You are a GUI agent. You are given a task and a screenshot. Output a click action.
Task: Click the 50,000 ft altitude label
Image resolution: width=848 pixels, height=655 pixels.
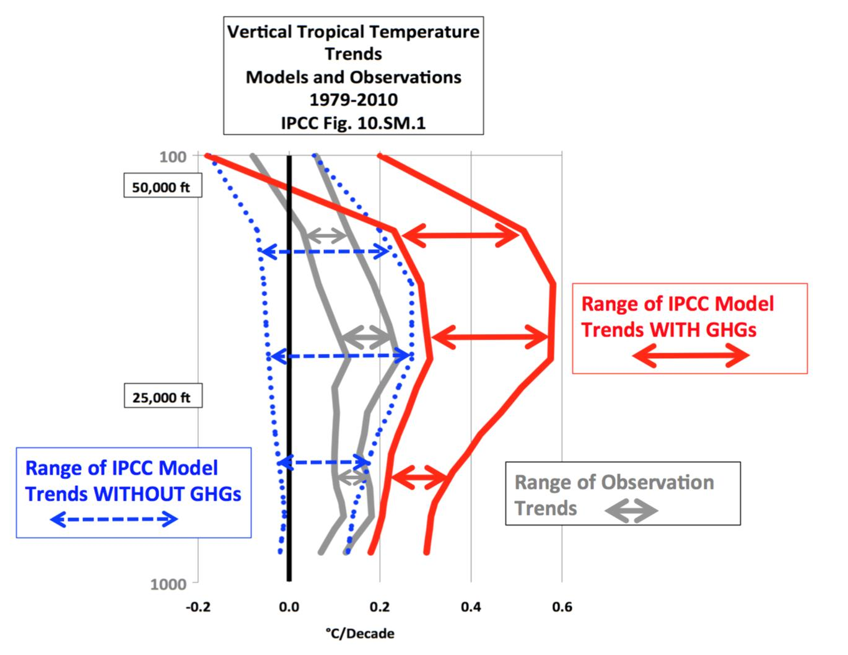point(162,187)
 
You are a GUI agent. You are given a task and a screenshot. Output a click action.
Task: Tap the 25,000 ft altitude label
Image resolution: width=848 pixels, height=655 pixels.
point(162,397)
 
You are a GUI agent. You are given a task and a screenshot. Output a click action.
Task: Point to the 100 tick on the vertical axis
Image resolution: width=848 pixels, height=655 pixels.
point(173,156)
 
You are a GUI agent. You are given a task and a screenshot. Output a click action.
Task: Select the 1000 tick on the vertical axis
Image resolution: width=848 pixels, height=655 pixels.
point(168,584)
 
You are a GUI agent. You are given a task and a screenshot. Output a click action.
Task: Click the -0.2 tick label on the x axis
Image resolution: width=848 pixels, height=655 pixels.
point(198,607)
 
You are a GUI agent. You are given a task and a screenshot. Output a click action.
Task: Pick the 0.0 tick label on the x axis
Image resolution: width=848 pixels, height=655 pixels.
point(289,607)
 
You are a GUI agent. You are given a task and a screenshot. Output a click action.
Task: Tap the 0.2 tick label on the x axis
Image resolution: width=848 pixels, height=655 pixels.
point(380,607)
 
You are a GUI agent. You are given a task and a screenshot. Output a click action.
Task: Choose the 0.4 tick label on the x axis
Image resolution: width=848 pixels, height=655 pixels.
point(471,607)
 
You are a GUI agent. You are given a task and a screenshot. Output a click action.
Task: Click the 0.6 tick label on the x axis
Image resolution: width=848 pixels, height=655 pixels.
point(562,607)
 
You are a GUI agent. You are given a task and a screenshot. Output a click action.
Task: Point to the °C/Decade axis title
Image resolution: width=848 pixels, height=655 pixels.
point(360,633)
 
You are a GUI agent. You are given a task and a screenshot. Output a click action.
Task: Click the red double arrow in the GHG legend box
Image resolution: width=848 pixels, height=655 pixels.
point(691,356)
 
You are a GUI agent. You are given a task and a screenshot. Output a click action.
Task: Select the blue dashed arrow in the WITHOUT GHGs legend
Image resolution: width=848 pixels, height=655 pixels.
point(114,519)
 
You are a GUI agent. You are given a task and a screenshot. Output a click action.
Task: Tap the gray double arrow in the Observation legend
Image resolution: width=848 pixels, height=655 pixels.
point(631,511)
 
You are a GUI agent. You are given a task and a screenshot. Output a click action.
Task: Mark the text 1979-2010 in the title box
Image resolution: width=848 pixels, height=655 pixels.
point(354,100)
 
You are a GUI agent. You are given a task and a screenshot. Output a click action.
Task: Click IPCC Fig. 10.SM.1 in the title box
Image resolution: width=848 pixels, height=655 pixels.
point(354,123)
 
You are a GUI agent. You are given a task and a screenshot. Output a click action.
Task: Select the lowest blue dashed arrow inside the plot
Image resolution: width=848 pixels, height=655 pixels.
point(324,462)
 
